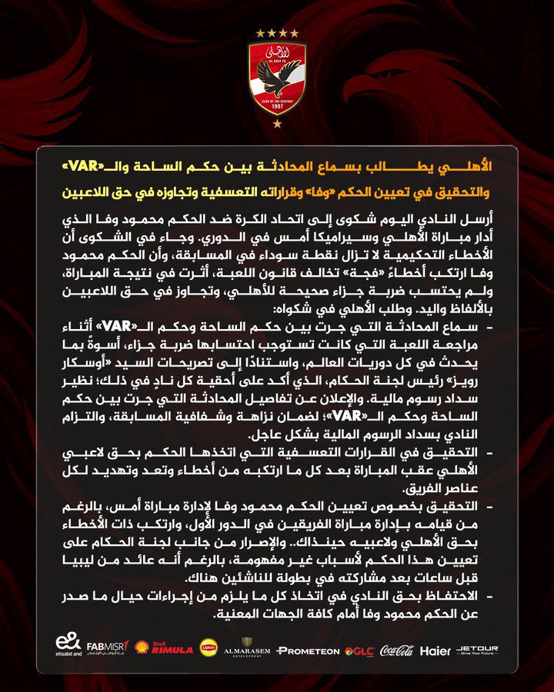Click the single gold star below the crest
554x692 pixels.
click(x=277, y=124)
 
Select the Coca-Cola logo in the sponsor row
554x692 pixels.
click(x=396, y=650)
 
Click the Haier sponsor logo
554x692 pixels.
click(x=436, y=650)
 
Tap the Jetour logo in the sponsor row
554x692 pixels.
click(x=478, y=650)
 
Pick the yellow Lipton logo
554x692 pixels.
click(x=209, y=649)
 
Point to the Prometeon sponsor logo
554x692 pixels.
click(x=308, y=651)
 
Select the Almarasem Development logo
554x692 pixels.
click(x=246, y=649)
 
